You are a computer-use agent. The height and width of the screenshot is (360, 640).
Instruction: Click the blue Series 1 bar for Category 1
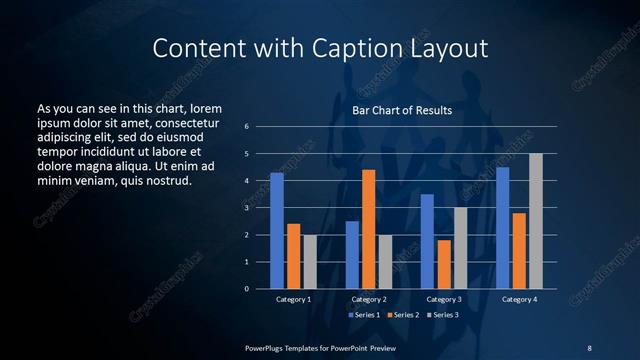[277, 231]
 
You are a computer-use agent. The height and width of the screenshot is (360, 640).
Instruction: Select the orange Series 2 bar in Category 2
[368, 229]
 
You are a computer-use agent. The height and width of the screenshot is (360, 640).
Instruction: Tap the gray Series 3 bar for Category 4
[536, 221]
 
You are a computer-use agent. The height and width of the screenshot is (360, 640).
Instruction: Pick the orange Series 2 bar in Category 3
[444, 264]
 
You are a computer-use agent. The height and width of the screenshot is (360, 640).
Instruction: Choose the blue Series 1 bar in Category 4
[502, 228]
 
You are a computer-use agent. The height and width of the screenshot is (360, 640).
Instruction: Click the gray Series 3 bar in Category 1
[310, 262]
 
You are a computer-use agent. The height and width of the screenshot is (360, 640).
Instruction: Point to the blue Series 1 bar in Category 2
[352, 255]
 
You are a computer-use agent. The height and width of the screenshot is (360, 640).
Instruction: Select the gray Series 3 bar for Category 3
[460, 248]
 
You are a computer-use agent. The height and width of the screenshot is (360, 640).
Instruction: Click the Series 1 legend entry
[364, 315]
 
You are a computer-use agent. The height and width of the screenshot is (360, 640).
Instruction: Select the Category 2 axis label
[368, 300]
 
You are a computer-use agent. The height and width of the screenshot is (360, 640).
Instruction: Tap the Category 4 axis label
[518, 300]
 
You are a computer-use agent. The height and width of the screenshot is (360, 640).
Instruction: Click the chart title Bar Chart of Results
[402, 110]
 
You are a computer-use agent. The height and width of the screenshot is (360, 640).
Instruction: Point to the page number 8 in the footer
[589, 347]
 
